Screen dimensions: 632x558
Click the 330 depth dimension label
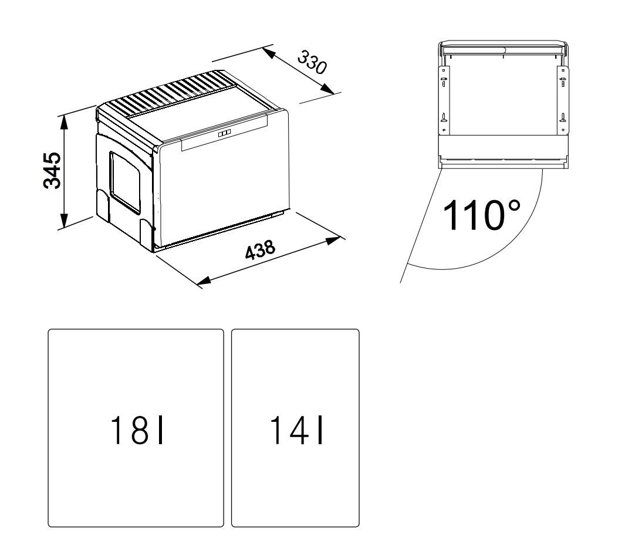pos(312,62)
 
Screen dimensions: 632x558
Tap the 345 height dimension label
pos(52,170)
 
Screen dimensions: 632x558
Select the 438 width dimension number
pos(261,250)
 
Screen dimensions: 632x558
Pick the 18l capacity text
pos(137,430)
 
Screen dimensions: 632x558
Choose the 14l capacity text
pos(296,430)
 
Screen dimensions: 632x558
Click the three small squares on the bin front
pos(225,134)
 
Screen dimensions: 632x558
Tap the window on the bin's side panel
pos(124,182)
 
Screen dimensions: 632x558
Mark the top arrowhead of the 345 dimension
pos(64,123)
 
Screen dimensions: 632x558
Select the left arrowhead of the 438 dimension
pos(204,281)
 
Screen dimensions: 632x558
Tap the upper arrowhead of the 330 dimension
pos(269,53)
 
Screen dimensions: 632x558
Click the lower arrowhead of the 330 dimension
pos(327,89)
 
